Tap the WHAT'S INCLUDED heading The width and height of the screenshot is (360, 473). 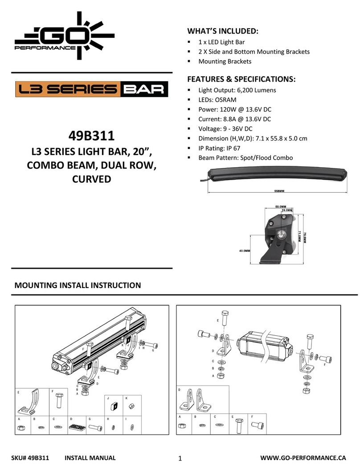(223, 31)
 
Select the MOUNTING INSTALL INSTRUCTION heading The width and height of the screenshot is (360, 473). (78, 285)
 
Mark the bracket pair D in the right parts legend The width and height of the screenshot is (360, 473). (194, 400)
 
